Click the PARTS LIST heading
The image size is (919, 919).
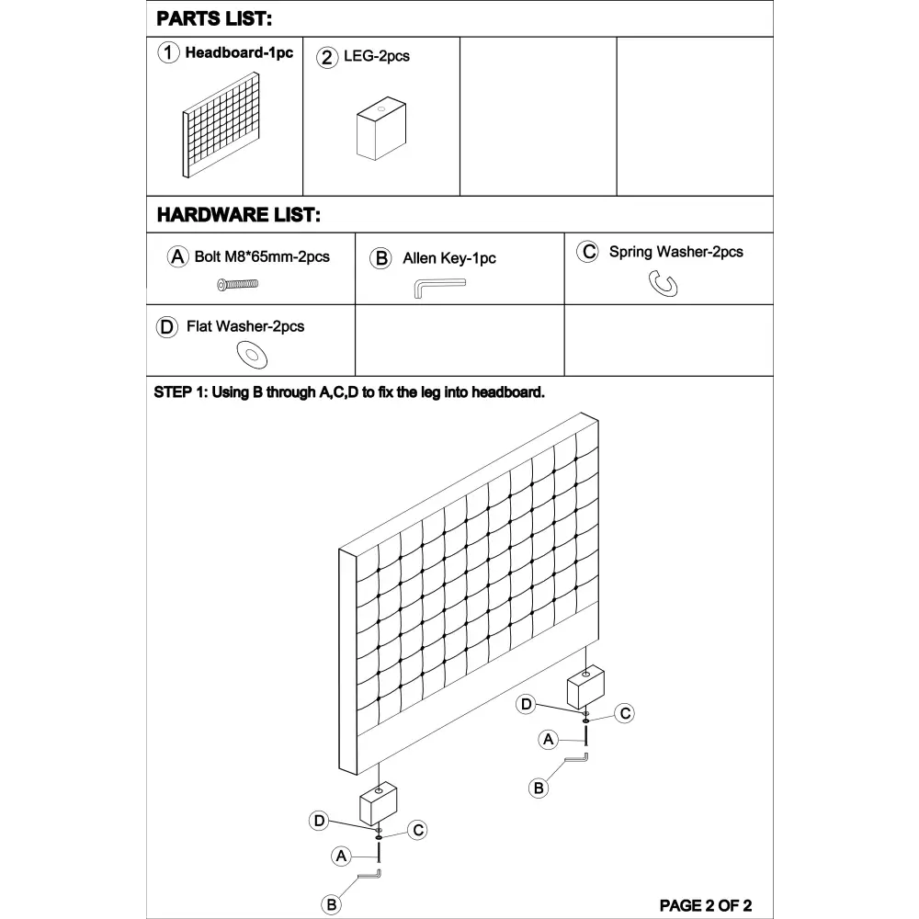point(214,19)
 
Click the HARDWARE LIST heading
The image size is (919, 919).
point(238,216)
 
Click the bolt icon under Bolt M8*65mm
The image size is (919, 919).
point(237,285)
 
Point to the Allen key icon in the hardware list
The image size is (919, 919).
point(438,288)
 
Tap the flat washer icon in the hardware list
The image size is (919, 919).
point(249,352)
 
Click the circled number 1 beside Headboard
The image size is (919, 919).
point(168,53)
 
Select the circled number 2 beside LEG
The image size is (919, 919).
point(327,57)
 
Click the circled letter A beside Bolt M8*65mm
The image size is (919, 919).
point(178,257)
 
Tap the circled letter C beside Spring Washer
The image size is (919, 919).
point(587,252)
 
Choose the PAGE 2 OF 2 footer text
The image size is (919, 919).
point(706,905)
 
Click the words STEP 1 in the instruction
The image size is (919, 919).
point(180,392)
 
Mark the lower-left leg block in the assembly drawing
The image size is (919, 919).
point(377,803)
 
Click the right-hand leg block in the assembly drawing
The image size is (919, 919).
point(584,687)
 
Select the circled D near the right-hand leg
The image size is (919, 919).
point(526,704)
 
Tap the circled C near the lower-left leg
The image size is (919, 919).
point(418,830)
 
